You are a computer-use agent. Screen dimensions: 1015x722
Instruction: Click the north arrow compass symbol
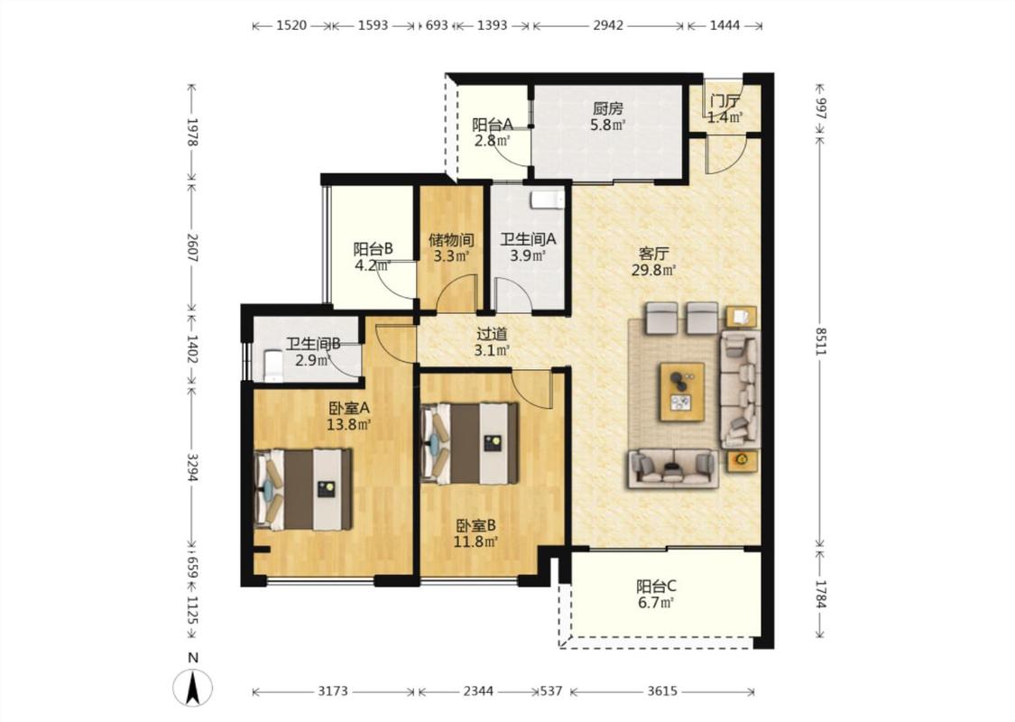(x=193, y=688)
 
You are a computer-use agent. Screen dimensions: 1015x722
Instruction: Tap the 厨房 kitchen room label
(x=608, y=109)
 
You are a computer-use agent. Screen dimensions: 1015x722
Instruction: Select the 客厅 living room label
(x=654, y=254)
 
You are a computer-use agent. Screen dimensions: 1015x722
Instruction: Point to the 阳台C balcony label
(x=656, y=587)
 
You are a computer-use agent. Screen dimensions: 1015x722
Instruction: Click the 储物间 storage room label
(x=451, y=240)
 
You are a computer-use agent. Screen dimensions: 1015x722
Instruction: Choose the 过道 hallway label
(x=492, y=334)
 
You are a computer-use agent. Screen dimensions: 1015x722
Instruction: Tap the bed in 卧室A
(x=303, y=489)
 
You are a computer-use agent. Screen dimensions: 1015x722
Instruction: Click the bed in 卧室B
(x=470, y=443)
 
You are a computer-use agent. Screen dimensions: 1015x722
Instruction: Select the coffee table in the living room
(x=682, y=393)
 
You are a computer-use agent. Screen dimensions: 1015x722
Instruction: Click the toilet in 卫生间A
(x=547, y=200)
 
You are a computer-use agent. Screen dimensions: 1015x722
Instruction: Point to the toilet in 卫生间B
(x=273, y=366)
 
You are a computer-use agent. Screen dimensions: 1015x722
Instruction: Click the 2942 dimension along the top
(x=608, y=25)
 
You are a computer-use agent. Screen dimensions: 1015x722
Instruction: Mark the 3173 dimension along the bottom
(x=333, y=691)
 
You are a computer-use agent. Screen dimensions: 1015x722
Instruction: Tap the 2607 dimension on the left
(x=191, y=247)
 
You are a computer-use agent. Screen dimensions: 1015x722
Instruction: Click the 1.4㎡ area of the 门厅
(x=724, y=117)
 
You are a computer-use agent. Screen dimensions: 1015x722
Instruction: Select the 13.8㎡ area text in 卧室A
(x=348, y=424)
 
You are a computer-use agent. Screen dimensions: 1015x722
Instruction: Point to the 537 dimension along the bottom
(x=551, y=691)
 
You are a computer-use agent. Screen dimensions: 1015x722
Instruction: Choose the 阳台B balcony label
(x=373, y=249)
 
